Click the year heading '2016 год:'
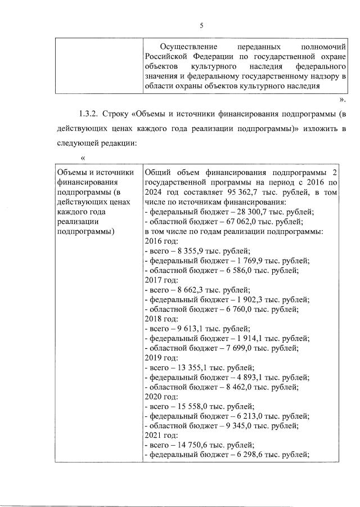161,241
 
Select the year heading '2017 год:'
161,280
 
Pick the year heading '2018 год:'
161,318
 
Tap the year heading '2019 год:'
161,357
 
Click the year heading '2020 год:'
161,396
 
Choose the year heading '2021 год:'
161,435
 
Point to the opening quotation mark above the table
83,158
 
